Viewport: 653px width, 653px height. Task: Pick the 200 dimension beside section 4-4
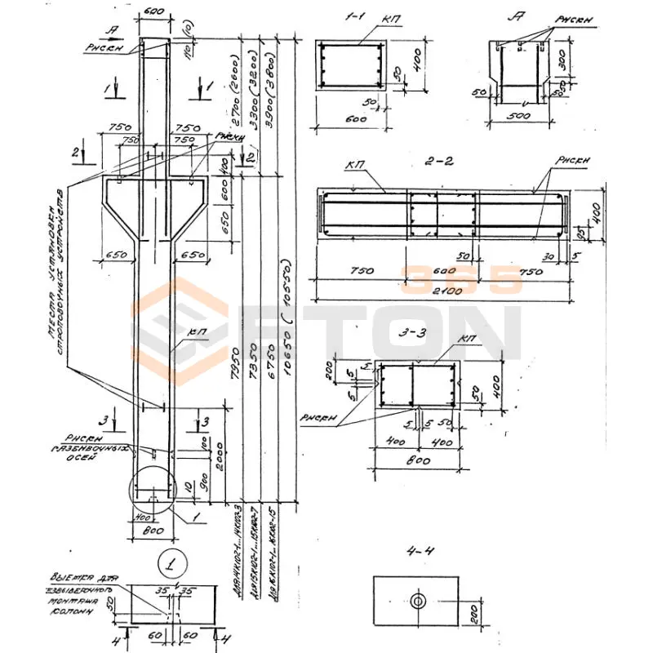point(471,611)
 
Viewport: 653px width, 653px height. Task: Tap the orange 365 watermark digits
point(460,280)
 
